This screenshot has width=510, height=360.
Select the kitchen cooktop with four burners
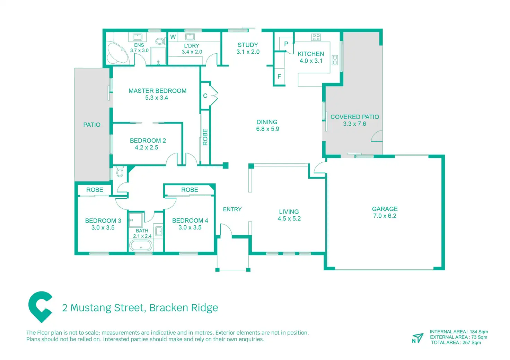click(x=316, y=37)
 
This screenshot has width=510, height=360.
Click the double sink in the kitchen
click(x=335, y=60)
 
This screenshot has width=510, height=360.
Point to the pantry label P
click(x=286, y=44)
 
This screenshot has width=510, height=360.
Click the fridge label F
click(x=279, y=76)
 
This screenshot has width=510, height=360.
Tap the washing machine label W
click(x=173, y=37)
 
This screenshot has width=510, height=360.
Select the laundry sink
click(x=190, y=36)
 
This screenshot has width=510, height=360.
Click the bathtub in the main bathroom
click(x=141, y=245)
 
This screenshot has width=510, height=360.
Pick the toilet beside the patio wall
click(x=120, y=172)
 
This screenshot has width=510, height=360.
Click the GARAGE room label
click(x=385, y=209)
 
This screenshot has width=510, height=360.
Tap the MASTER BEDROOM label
click(x=157, y=91)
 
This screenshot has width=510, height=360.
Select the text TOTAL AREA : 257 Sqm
click(x=456, y=343)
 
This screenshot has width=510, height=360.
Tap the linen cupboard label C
click(x=205, y=96)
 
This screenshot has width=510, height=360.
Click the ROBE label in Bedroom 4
click(x=190, y=190)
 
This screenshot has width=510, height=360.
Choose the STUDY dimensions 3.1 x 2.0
click(x=248, y=52)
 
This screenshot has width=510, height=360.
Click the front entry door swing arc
click(x=226, y=229)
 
